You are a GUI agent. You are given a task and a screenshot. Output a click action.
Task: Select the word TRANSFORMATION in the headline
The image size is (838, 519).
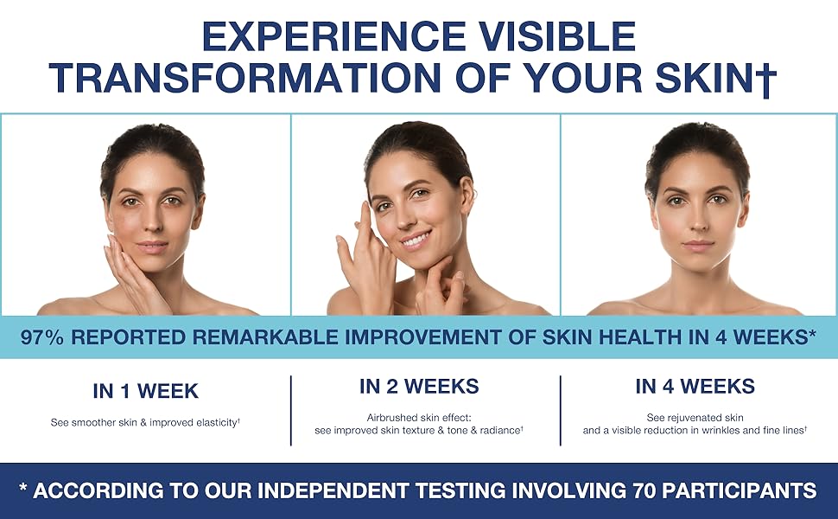coord(245,77)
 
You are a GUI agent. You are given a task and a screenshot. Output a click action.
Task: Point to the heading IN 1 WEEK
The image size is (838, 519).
coord(145,391)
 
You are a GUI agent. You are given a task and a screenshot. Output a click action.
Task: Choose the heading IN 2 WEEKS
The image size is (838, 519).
coord(419,387)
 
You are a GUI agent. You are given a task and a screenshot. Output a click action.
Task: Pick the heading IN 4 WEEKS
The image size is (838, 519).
coord(695,387)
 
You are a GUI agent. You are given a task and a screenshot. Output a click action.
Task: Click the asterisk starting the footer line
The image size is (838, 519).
coord(23,487)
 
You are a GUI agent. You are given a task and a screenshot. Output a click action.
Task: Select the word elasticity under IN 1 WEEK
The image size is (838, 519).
coord(217,423)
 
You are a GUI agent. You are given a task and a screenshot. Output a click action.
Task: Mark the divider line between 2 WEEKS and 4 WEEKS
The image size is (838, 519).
coord(560,410)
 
